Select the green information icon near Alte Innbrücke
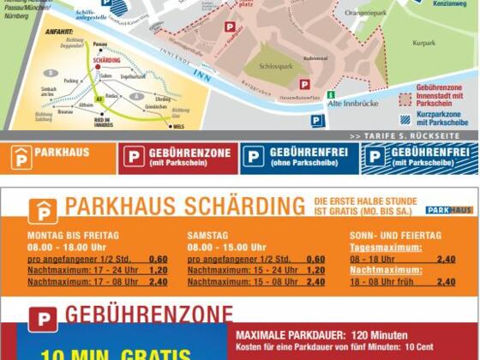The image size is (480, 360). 331,94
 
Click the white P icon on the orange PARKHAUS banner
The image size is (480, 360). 21,158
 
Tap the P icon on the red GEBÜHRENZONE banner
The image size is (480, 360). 134,156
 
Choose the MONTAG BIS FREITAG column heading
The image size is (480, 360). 73,235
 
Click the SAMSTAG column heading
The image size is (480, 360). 209,235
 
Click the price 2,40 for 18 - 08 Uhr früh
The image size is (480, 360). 446,281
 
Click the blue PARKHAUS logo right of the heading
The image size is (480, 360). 449,209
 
